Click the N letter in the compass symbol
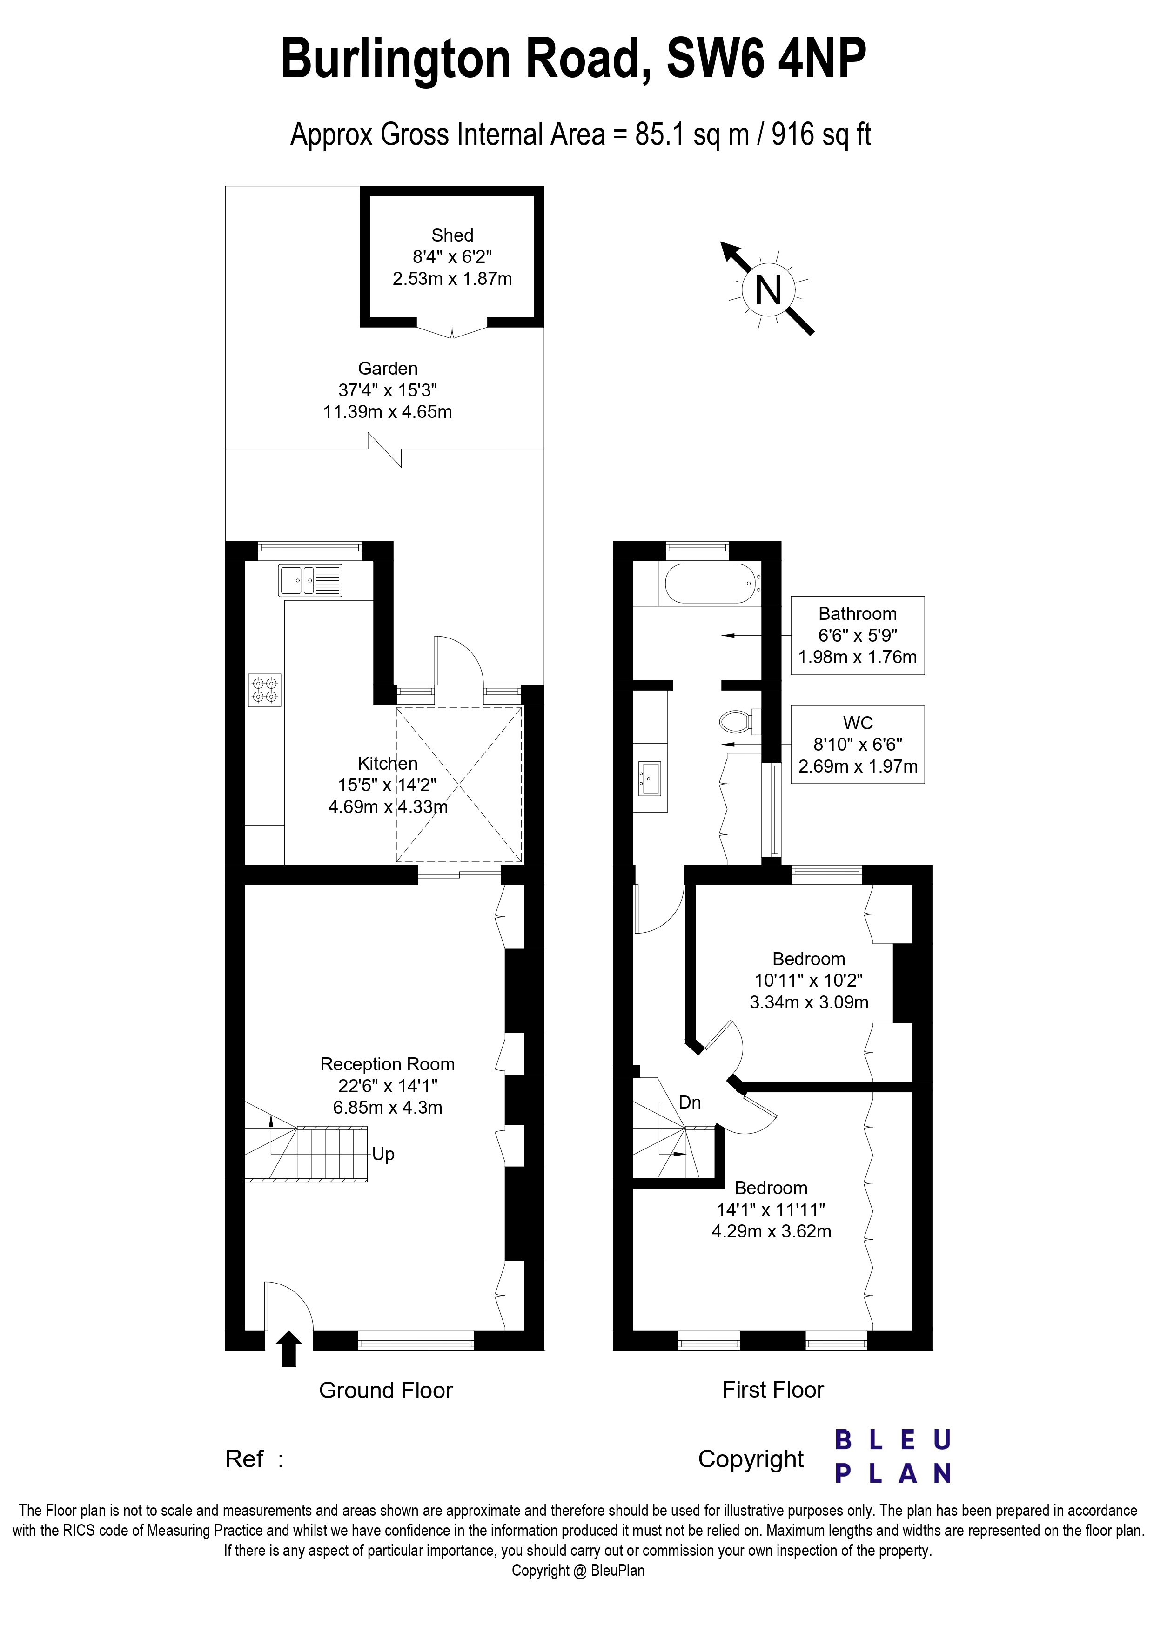coord(768,290)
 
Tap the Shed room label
coord(452,235)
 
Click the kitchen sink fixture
coord(310,580)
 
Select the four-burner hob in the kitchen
coord(264,690)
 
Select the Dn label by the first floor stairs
coord(690,1102)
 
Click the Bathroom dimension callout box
coord(858,635)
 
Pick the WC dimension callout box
coord(858,744)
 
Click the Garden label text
coord(388,369)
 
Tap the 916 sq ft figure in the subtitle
coord(821,134)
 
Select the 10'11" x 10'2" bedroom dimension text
coord(808,980)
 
